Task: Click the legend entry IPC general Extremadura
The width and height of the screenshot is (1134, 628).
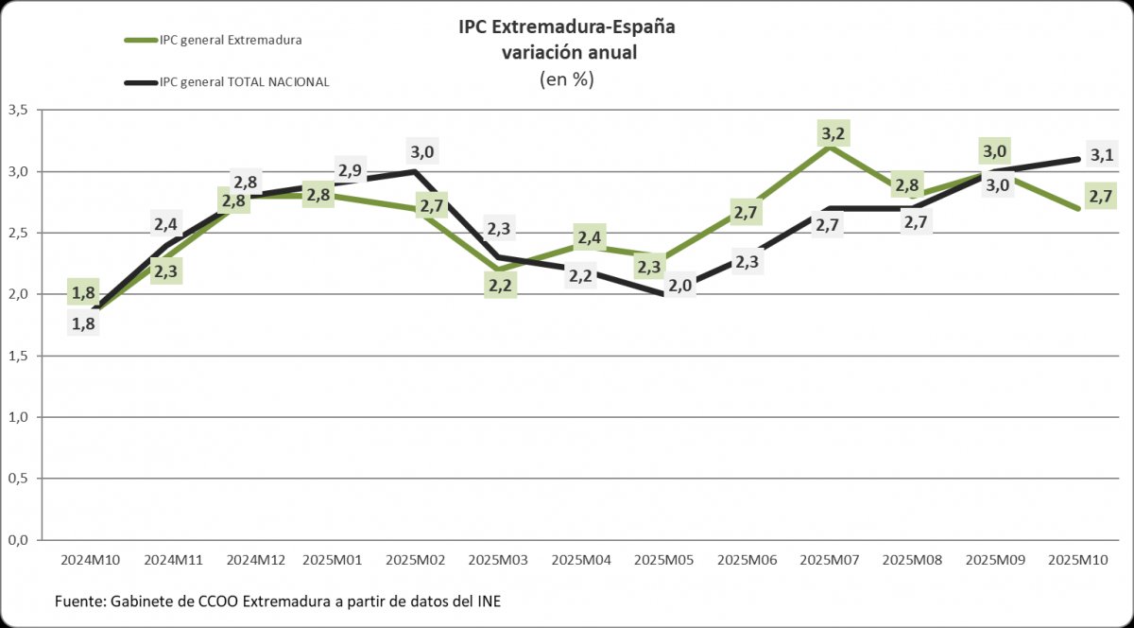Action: [231, 40]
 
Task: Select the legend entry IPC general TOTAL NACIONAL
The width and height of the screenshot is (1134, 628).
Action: [244, 82]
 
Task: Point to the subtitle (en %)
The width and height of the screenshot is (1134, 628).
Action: [566, 79]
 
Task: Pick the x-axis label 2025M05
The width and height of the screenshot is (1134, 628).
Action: [665, 560]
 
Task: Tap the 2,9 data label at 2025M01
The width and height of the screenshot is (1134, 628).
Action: [350, 171]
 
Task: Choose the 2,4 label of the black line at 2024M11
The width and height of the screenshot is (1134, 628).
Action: [167, 223]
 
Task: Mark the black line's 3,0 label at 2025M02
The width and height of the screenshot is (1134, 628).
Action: [421, 151]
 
